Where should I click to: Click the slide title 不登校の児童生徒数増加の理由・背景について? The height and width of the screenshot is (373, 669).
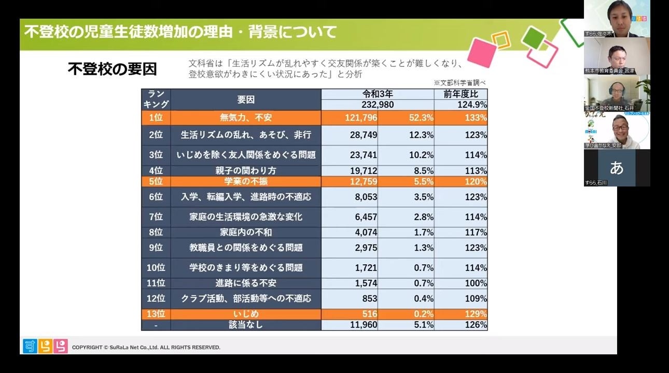pos(180,32)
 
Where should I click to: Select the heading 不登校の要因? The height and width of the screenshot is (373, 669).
pos(112,69)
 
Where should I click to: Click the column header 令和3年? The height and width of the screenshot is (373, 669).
pos(378,94)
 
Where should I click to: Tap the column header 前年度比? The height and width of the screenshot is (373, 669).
pos(461,94)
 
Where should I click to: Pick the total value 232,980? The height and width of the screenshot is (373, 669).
pos(378,105)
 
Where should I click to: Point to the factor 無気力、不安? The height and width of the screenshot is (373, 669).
pos(246,118)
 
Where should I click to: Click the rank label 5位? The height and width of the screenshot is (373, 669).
pos(156,181)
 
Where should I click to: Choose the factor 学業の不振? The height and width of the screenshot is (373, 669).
pos(246,181)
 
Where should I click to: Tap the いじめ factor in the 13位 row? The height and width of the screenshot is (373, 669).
pos(246,314)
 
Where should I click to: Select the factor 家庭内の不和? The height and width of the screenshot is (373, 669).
pos(246,232)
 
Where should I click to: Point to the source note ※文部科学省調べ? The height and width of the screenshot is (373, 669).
pos(459,82)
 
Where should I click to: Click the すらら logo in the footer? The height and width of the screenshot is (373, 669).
pos(45,346)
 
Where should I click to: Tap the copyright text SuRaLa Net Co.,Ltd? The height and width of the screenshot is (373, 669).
pos(146,347)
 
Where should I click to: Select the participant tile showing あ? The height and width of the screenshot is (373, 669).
pos(616,168)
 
